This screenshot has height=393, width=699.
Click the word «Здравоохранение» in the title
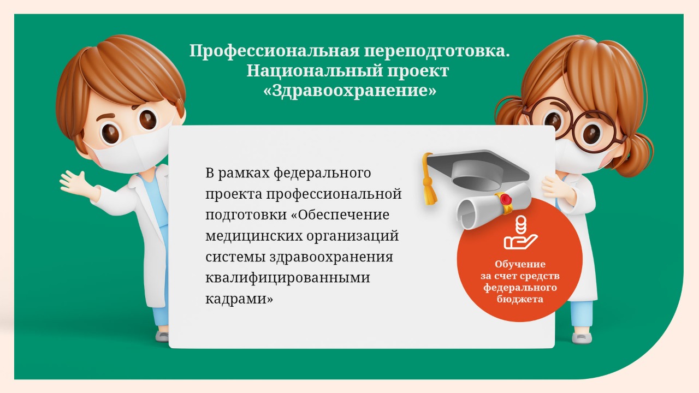click(350, 91)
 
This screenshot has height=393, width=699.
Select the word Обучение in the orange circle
click(520, 264)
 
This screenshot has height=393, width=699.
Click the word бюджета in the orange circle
click(520, 299)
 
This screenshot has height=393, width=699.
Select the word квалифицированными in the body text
click(288, 278)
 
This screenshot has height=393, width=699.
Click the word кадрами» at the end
click(239, 299)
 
